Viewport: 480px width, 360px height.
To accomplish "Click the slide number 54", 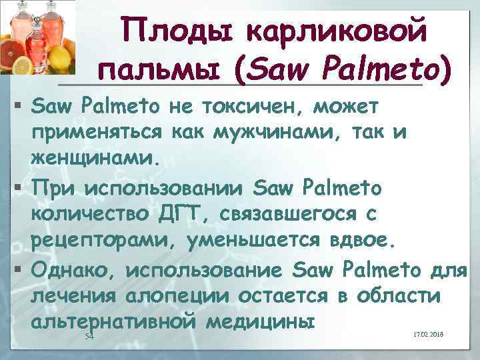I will (x=89, y=337).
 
